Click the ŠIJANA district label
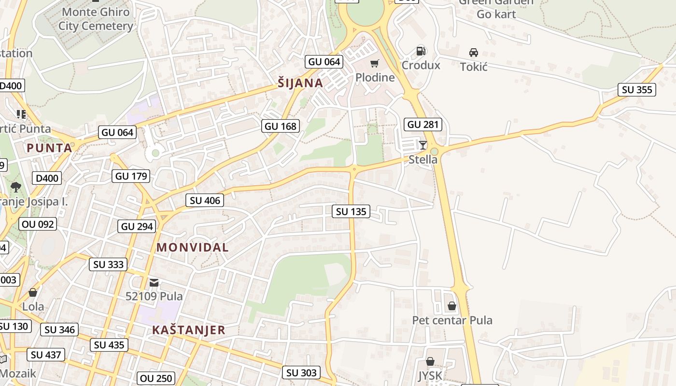[300, 83]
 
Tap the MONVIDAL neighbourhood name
[192, 248]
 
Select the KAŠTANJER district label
[188, 330]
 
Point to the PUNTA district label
[49, 148]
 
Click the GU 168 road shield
[281, 126]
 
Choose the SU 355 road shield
[637, 90]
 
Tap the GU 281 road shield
[423, 124]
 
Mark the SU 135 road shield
[351, 211]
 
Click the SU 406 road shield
[205, 201]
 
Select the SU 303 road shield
[301, 372]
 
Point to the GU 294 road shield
[137, 226]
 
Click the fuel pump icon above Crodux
[421, 51]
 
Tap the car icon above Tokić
[474, 53]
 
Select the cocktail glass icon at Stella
[423, 145]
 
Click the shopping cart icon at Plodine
[375, 63]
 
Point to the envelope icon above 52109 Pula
[154, 282]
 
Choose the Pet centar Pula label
[452, 320]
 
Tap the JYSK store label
[430, 375]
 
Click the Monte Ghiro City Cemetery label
[96, 19]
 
